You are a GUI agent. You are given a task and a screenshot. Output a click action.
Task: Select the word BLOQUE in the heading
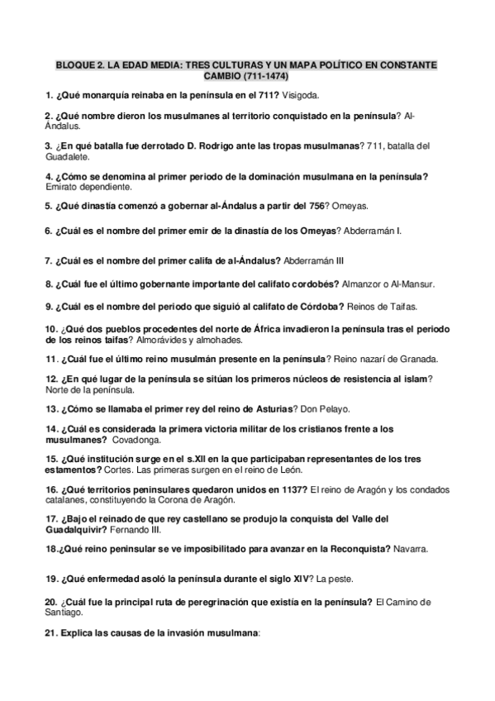(x=74, y=64)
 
